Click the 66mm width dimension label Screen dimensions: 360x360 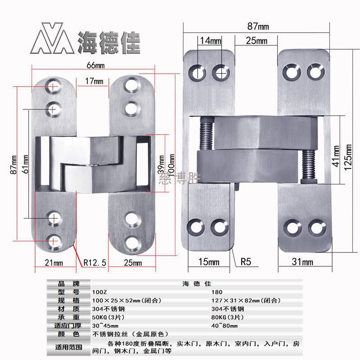coord(96,65)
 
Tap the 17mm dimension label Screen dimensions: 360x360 coord(94,81)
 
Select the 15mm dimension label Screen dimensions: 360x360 coord(209,261)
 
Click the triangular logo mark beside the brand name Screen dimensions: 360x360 coord(49,42)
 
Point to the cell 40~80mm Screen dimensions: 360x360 coord(224,325)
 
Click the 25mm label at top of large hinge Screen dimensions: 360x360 coord(256,41)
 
